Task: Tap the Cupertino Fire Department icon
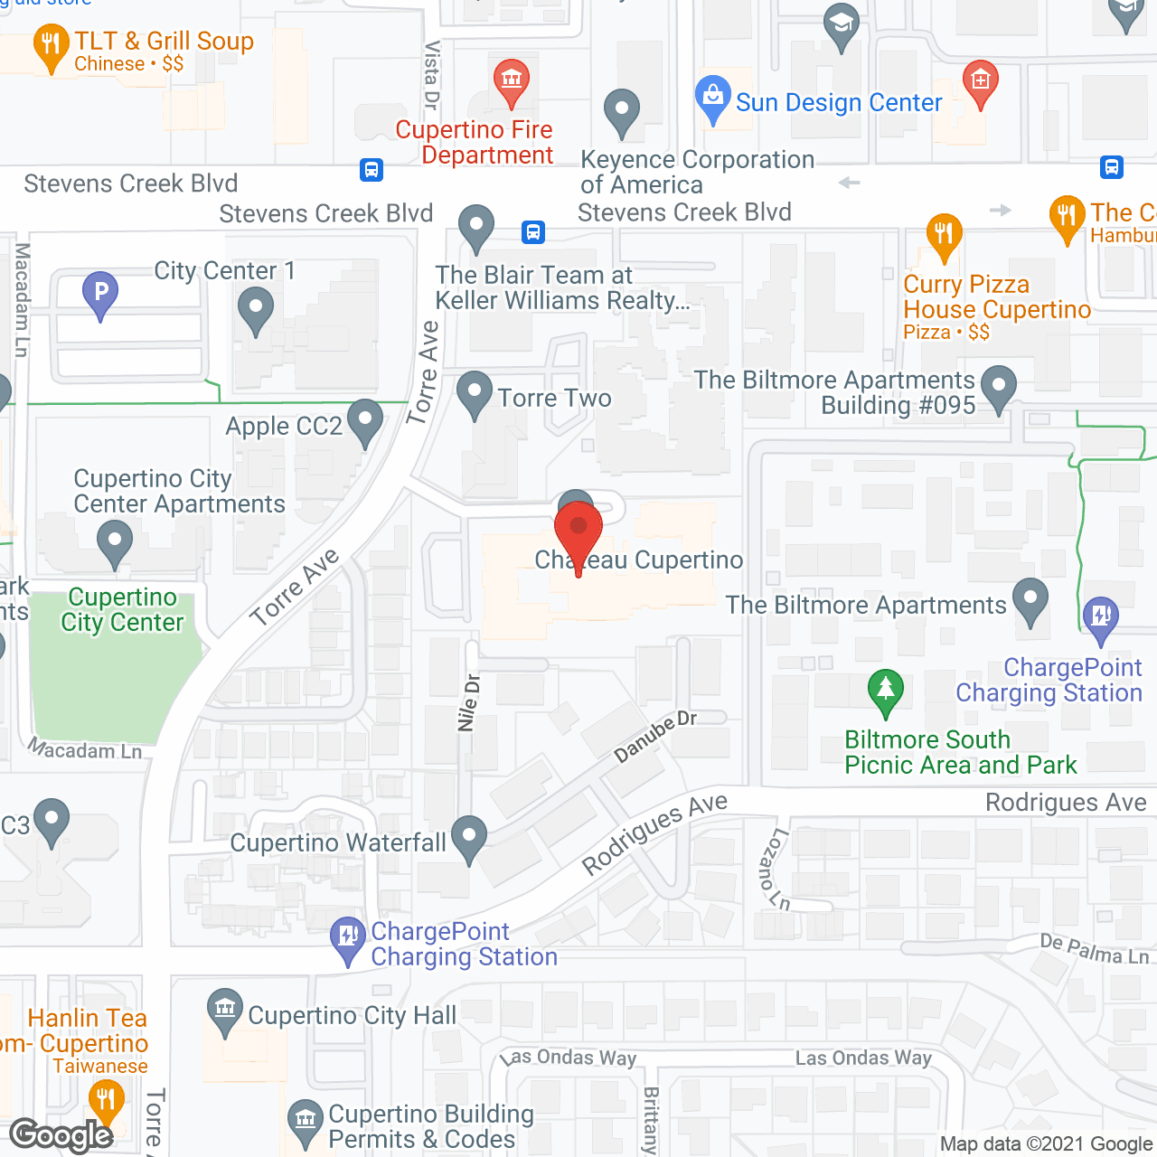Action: [x=512, y=80]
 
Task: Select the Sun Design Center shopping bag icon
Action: [x=712, y=96]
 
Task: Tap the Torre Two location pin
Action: [x=474, y=393]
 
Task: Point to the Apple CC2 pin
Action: [x=364, y=420]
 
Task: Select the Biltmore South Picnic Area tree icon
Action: [x=885, y=690]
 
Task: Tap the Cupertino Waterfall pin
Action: [x=468, y=837]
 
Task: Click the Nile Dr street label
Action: [x=468, y=702]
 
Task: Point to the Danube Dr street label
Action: [x=655, y=736]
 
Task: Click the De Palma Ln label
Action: [x=1094, y=949]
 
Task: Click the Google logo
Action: [x=61, y=1135]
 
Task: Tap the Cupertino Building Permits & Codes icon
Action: [x=306, y=1119]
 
